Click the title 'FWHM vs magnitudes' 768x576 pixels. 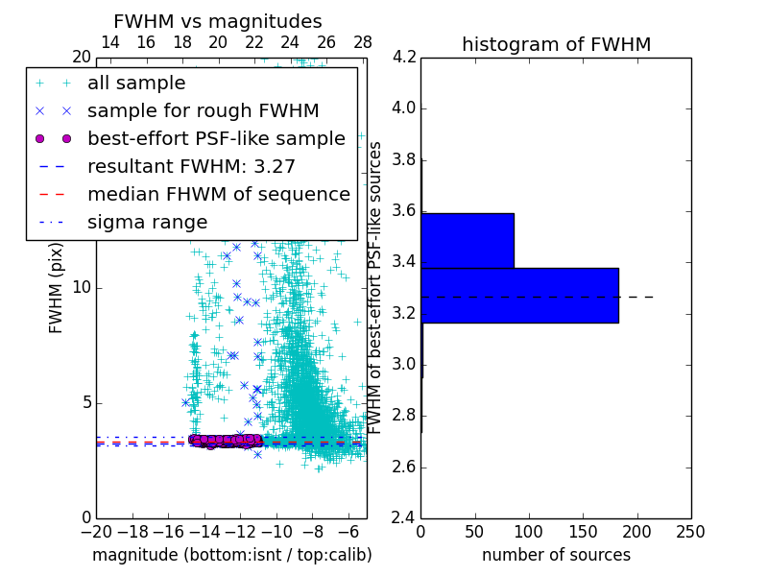tap(218, 21)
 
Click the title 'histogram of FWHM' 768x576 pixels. tap(556, 44)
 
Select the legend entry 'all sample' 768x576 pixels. tap(136, 83)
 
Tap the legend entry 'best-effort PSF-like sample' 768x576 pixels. tap(216, 138)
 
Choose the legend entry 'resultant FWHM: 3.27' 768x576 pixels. tap(191, 166)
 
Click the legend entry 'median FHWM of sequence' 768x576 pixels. tap(218, 194)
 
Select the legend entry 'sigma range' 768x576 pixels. tap(147, 222)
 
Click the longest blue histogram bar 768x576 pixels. tap(519, 296)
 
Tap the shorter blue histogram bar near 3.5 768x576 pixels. tap(468, 240)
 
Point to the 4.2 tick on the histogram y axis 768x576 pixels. tap(403, 57)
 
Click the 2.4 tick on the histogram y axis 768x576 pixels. tap(403, 518)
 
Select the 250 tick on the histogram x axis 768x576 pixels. tap(690, 532)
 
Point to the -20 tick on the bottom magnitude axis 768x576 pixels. tap(96, 532)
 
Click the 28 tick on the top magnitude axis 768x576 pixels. tap(362, 42)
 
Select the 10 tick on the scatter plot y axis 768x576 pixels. tap(82, 287)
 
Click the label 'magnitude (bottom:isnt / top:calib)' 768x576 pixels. tap(231, 555)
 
